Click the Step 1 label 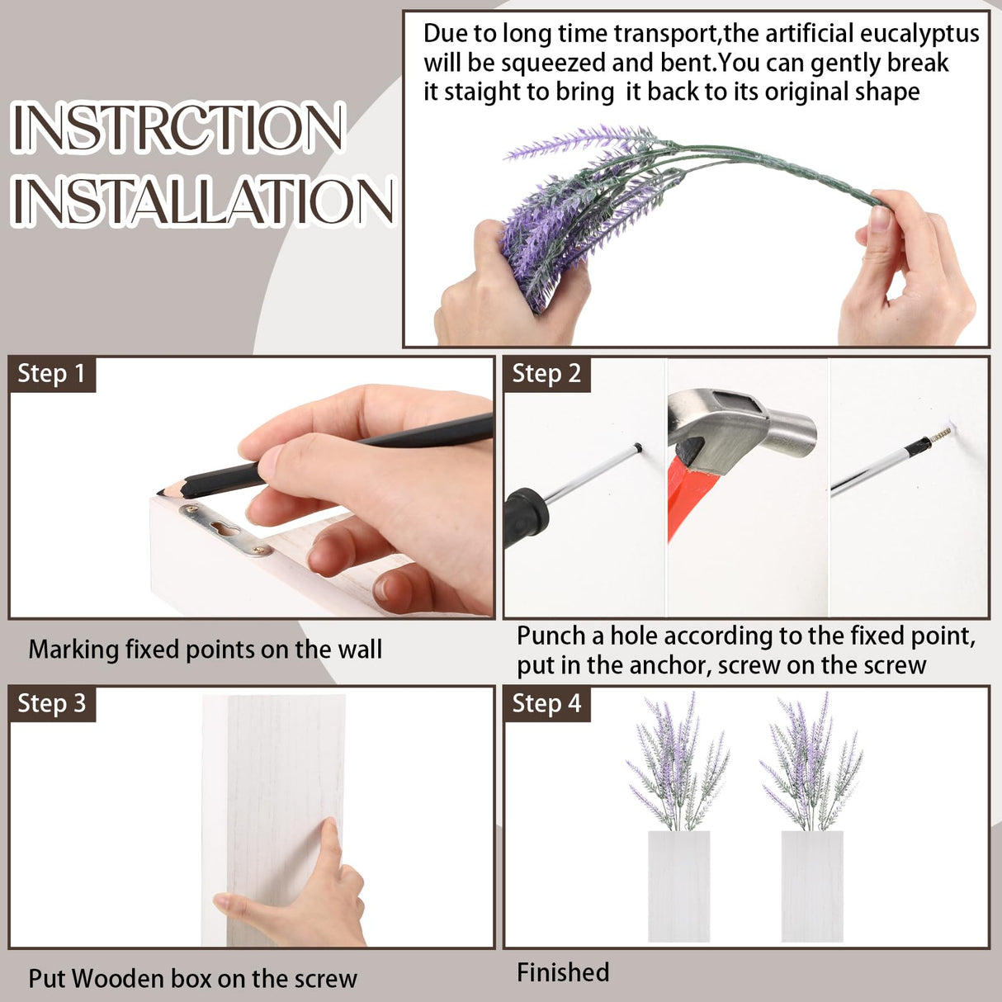(x=51, y=374)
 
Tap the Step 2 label (x=546, y=374)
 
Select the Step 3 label (x=51, y=703)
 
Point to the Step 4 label (x=546, y=703)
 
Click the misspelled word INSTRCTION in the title (x=177, y=126)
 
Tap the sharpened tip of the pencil (x=159, y=493)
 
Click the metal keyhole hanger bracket (x=225, y=531)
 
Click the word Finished (x=563, y=971)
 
